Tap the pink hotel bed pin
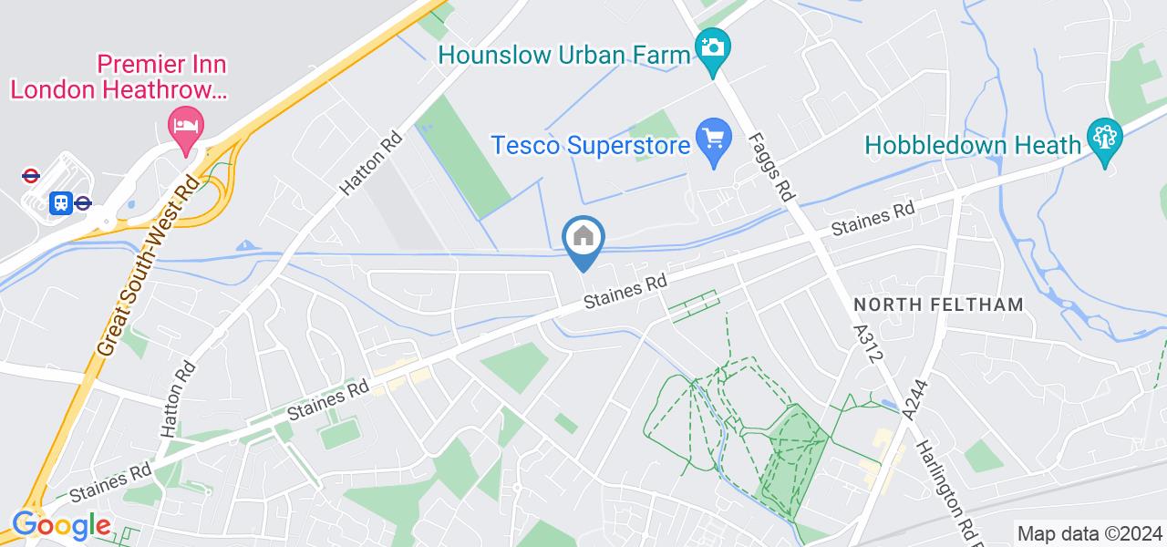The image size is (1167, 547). [187, 125]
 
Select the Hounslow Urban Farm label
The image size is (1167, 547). [564, 55]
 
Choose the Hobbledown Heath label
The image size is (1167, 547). [971, 144]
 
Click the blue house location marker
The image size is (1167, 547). [583, 239]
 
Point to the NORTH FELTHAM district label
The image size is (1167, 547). [938, 304]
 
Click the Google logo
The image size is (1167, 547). [60, 525]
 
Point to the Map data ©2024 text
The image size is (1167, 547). [1089, 533]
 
